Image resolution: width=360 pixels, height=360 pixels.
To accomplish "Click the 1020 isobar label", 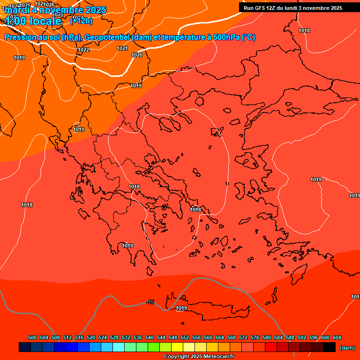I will pyautogui.click(x=137, y=55).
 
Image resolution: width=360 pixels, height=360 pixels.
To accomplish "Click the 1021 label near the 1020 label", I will pyautogui.click(x=122, y=48).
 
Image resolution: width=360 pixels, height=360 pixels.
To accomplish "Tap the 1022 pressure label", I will pyautogui.click(x=83, y=50).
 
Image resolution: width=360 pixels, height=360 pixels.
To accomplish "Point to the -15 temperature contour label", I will pyautogui.click(x=150, y=302).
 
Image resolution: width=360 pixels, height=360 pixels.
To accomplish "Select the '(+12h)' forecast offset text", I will pyautogui.click(x=81, y=21).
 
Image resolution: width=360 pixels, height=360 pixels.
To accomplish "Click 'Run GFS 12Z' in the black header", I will pyautogui.click(x=261, y=8).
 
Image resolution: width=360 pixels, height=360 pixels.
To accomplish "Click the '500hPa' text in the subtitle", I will pyautogui.click(x=226, y=37).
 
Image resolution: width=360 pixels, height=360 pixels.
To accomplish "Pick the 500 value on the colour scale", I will pyautogui.click(x=32, y=337).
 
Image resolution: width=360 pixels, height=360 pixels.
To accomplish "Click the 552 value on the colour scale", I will pyautogui.click(x=185, y=337).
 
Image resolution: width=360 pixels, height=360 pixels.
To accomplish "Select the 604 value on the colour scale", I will pyautogui.click(x=337, y=337).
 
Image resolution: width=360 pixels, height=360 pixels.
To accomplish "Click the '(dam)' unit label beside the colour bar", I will pyautogui.click(x=347, y=348).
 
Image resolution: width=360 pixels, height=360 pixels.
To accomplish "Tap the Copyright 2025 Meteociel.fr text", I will pyautogui.click(x=199, y=356).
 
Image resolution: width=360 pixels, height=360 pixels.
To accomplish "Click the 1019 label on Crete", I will pyautogui.click(x=181, y=308).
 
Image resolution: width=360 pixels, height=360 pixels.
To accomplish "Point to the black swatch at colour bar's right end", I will pyautogui.click(x=330, y=347).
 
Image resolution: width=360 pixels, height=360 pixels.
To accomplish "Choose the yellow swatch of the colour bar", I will pyautogui.click(x=177, y=347).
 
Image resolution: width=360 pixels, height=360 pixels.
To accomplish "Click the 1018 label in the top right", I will pyautogui.click(x=304, y=30).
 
